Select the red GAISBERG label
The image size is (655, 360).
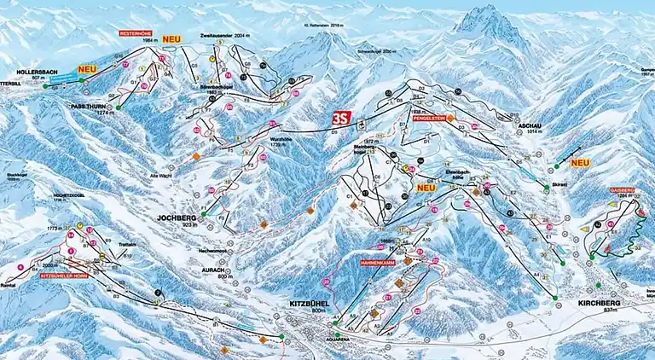point(620,189)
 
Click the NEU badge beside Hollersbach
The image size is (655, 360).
point(86,68)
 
